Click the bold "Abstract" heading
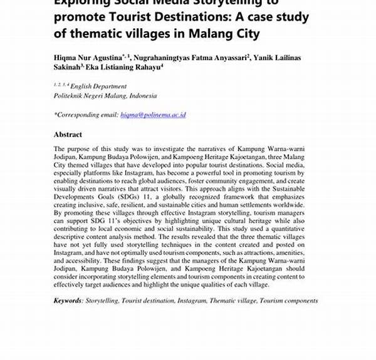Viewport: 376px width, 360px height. pos(68,135)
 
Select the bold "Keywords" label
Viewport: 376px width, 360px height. pos(68,301)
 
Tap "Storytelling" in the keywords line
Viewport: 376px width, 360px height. pos(102,301)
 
